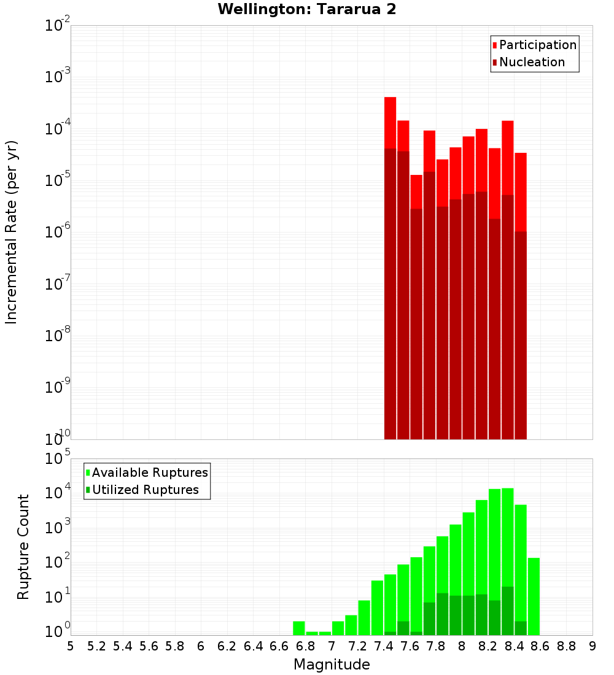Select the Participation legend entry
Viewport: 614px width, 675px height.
coord(537,45)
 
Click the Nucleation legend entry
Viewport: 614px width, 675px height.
coord(532,63)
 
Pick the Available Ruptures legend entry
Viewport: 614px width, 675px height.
coord(150,472)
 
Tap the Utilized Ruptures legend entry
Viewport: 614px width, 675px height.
coord(145,490)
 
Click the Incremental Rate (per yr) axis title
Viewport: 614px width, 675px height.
coord(12,232)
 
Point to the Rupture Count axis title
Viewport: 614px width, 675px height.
coord(23,547)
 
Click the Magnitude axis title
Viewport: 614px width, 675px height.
coord(332,665)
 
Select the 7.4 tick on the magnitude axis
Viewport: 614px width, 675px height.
coord(384,646)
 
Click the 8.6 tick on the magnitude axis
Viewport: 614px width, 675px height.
coord(540,646)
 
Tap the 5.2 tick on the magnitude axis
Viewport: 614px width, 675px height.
coord(96,646)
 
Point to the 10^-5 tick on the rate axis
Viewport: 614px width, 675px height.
coord(57,180)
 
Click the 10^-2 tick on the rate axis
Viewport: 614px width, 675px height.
coord(57,25)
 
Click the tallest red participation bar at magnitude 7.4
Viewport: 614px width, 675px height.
coord(391,123)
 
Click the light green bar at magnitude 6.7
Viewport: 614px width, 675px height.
coord(299,628)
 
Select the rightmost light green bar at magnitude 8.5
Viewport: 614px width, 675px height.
coord(534,595)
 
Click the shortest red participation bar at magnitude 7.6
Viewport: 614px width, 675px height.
coord(416,191)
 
